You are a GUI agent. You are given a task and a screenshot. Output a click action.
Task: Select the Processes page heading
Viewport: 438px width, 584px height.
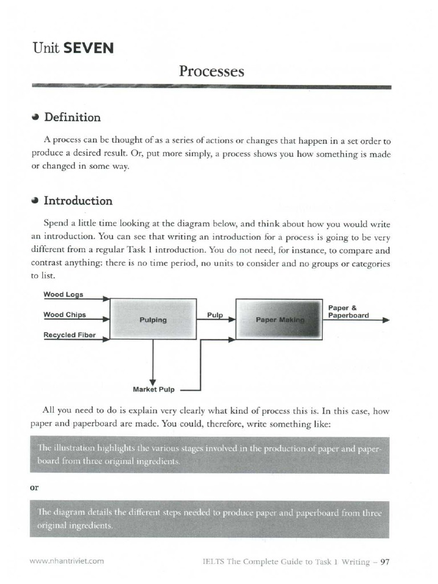211,71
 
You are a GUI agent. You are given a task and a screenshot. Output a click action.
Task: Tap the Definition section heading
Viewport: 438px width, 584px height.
72,117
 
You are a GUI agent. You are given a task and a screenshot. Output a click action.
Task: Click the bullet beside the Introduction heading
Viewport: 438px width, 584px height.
35,201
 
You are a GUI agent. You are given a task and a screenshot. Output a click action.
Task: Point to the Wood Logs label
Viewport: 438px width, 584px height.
63,295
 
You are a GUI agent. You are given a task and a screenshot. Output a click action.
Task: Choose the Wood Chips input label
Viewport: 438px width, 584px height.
64,315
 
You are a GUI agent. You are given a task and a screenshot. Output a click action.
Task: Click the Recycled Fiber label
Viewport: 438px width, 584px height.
70,335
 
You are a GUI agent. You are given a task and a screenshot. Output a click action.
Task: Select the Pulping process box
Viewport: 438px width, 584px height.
153,319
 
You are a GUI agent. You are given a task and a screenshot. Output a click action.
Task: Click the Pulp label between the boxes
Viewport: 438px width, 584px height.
214,315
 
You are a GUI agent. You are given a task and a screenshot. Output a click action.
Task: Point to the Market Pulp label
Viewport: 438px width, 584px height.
153,390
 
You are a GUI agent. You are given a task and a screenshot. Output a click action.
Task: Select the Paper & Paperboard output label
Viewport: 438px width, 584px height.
348,311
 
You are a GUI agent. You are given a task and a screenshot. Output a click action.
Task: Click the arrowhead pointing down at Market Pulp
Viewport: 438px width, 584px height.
153,382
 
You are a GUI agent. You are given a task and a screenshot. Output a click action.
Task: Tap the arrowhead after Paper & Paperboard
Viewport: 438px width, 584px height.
386,320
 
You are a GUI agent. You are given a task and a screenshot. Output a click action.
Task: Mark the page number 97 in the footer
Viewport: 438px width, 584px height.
384,562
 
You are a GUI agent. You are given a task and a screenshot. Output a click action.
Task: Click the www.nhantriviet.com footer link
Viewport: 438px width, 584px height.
67,561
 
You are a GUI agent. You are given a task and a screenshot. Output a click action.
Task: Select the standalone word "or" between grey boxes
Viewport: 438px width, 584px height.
34,488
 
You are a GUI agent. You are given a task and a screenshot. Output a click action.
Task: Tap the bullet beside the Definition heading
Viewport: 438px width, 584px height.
35,117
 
